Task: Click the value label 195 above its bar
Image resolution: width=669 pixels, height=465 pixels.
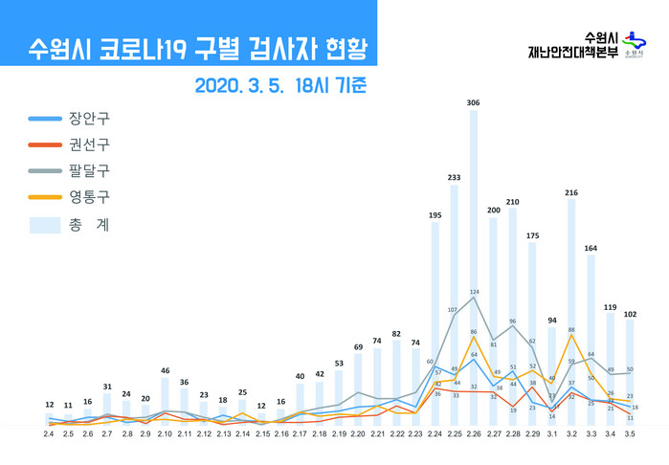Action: click(x=435, y=215)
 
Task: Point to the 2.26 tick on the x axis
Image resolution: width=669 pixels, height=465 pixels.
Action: click(x=474, y=434)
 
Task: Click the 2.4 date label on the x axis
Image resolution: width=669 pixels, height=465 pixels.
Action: click(x=49, y=434)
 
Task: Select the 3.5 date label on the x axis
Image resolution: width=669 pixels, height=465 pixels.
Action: click(x=630, y=434)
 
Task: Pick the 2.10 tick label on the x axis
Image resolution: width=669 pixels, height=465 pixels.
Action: click(x=165, y=434)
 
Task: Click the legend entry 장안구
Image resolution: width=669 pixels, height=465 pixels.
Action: click(x=89, y=120)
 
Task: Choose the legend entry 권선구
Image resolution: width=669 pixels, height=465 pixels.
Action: click(x=89, y=145)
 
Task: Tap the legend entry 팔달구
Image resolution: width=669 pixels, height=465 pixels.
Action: click(x=89, y=171)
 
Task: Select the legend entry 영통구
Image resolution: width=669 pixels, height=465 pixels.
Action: click(x=89, y=198)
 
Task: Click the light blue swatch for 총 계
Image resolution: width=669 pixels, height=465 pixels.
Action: click(x=44, y=225)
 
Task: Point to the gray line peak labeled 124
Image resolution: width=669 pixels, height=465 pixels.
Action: click(x=474, y=297)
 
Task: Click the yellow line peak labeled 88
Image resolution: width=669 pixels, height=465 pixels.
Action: click(x=571, y=335)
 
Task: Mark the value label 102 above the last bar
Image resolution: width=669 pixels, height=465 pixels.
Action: click(x=630, y=312)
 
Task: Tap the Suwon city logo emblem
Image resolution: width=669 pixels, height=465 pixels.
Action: click(x=632, y=43)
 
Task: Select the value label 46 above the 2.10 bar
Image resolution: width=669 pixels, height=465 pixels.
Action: click(x=165, y=370)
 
